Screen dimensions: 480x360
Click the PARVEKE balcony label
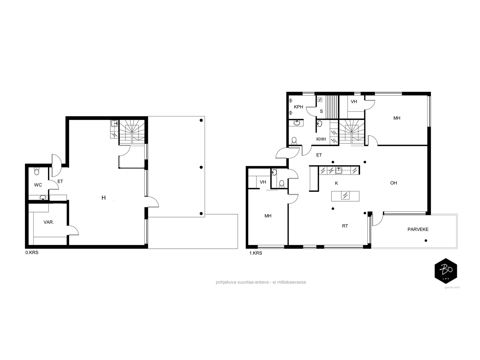[x=418, y=229]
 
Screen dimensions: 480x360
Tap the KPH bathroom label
[x=298, y=107]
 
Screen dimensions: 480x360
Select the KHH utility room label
[x=321, y=139]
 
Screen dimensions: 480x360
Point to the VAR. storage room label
[x=49, y=222]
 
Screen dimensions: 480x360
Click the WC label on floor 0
[x=38, y=185]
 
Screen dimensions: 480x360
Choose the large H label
[x=103, y=198]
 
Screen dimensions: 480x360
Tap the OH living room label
[x=393, y=183]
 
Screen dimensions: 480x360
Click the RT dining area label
[x=345, y=226]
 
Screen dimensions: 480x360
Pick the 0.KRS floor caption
[x=32, y=253]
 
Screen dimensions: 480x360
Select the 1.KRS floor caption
[x=256, y=253]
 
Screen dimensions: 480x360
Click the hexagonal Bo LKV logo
[x=446, y=271]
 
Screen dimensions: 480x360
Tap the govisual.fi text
[x=452, y=287]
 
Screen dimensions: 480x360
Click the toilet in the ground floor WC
[x=37, y=171]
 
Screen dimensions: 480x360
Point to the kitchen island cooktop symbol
[x=345, y=195]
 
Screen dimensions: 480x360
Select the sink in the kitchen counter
[x=338, y=170]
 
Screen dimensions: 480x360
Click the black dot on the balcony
[x=426, y=241]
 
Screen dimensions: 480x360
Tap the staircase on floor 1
[x=351, y=133]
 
